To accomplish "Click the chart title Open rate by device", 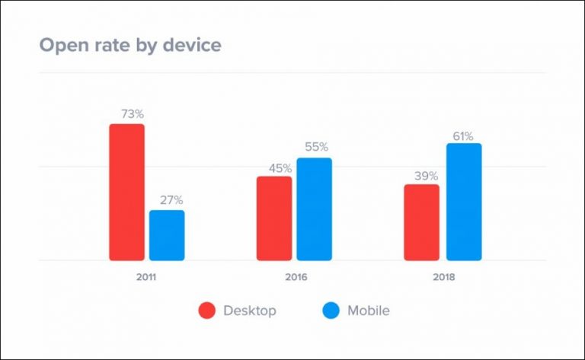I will tap(129, 45).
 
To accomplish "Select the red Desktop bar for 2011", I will tap(126, 192).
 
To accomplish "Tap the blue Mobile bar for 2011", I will tap(167, 235).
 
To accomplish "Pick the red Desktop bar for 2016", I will tap(274, 218).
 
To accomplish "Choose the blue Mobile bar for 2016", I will tap(314, 209).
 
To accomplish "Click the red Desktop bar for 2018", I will tap(421, 222).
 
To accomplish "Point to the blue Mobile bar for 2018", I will tap(464, 202).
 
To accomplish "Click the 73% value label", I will tap(132, 114).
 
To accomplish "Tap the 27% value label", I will tap(171, 200).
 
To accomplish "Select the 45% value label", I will tap(279, 168).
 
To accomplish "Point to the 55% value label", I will tap(316, 147).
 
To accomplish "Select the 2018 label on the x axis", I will tap(443, 278).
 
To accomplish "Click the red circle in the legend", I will tap(207, 311).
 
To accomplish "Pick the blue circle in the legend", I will tap(331, 311).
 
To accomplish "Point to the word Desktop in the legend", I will tap(249, 311).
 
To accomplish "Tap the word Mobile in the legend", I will tap(369, 311).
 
